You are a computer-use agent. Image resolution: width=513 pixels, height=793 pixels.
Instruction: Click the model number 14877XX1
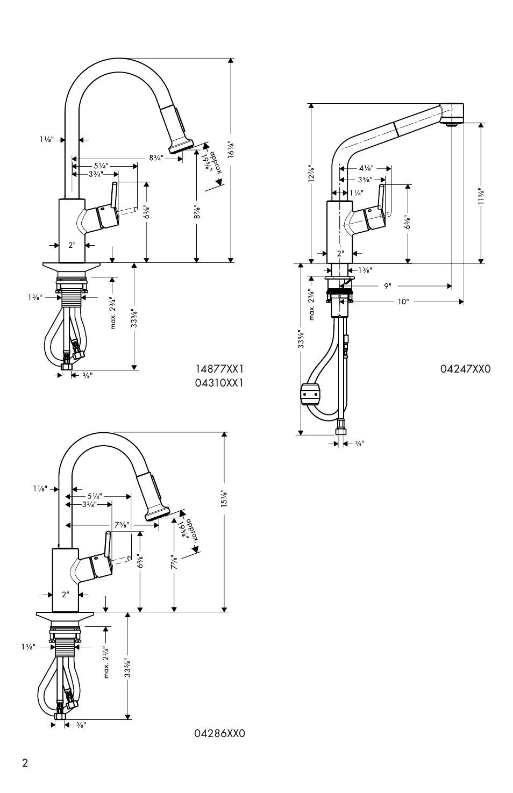tap(219, 369)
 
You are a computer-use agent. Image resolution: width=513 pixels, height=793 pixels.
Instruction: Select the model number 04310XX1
tap(219, 383)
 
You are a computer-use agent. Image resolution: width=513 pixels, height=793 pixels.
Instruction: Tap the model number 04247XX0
tap(466, 369)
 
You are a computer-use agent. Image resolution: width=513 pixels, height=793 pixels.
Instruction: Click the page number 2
tap(25, 773)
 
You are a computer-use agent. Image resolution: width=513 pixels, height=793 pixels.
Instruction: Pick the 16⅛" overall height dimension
tap(231, 149)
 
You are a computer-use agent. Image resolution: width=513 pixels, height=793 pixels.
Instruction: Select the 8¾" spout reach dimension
tap(156, 158)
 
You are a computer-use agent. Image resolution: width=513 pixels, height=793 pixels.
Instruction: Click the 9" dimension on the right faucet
tap(388, 285)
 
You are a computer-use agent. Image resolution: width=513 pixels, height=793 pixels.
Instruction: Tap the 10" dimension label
tap(403, 302)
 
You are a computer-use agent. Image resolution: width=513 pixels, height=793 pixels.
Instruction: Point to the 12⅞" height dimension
tap(311, 174)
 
